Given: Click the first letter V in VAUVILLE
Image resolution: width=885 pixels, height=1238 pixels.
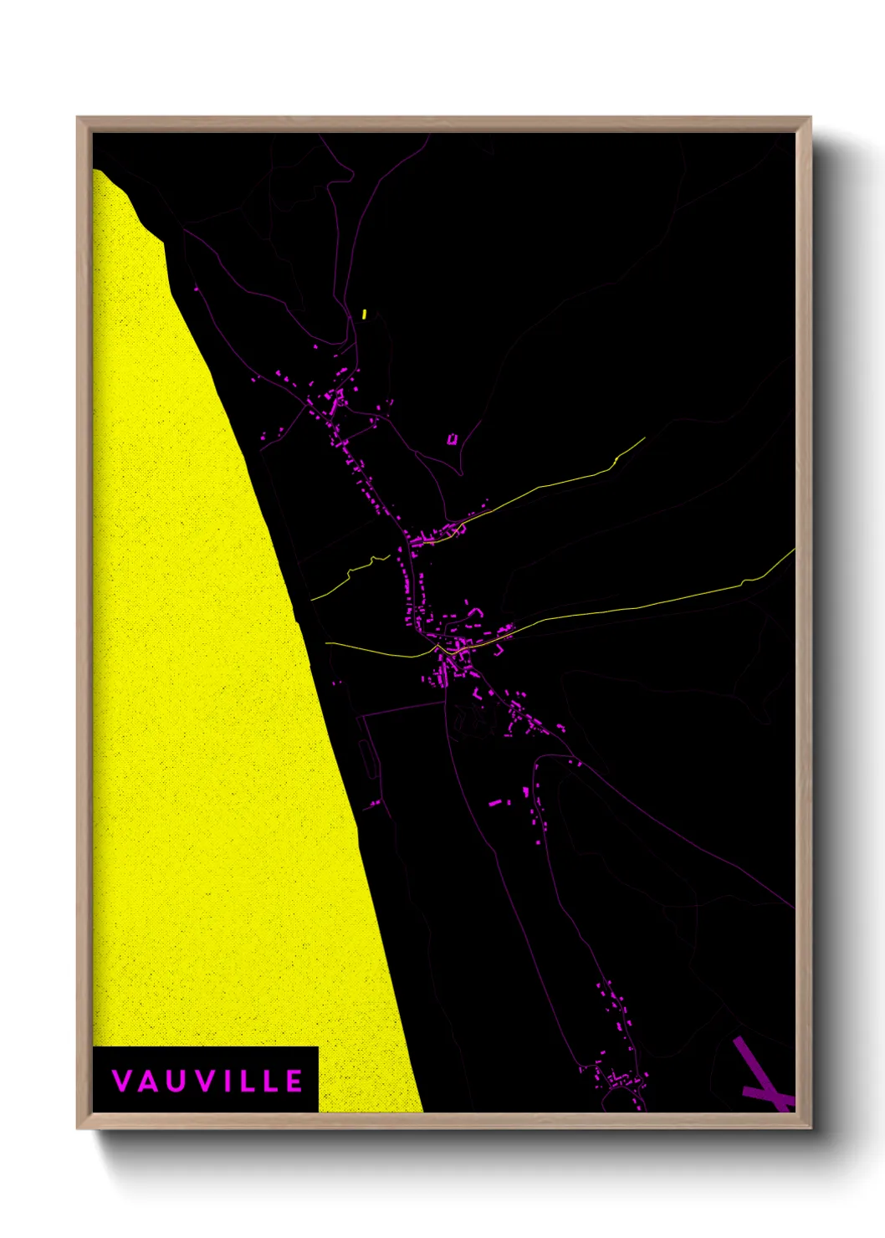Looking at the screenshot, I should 121,1081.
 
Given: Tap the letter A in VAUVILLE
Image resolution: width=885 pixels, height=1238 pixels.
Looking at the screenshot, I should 148,1081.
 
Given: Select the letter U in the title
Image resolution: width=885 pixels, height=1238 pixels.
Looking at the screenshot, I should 176,1081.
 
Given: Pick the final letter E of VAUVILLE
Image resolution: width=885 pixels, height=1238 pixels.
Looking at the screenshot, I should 294,1081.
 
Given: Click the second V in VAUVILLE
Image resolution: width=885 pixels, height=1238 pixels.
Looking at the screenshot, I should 203,1081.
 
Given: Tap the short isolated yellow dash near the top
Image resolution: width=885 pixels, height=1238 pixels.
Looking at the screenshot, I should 365,315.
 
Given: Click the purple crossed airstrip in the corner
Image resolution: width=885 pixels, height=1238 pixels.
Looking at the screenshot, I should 760,1079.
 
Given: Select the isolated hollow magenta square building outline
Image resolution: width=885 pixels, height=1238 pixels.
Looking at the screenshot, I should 453,438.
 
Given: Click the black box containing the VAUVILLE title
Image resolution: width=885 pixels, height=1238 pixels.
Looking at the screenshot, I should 205,1079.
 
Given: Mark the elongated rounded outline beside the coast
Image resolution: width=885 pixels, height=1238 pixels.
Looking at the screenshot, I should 366,757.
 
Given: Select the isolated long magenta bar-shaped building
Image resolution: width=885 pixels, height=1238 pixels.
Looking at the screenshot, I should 496,803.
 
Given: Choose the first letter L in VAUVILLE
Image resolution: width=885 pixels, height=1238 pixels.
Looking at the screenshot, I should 248,1081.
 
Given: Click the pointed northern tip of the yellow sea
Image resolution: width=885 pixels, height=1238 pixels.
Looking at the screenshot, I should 96,171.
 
